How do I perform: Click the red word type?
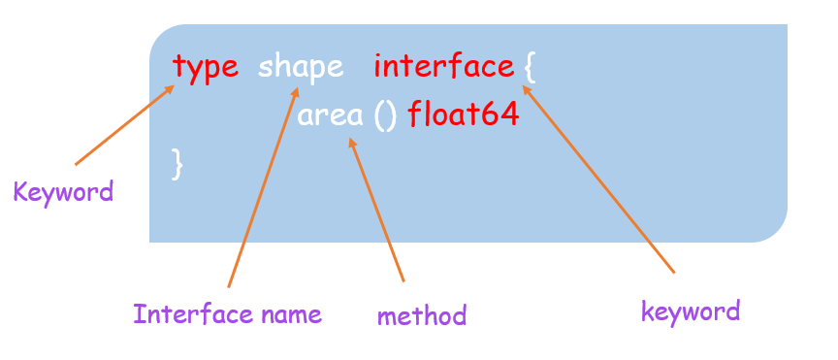click(206, 67)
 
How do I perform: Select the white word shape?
click(301, 67)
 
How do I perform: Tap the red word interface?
click(443, 67)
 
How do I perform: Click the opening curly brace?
click(529, 67)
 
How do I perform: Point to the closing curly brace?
click(177, 162)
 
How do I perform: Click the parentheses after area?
click(385, 115)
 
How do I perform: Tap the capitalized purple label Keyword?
click(63, 191)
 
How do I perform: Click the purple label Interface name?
click(227, 314)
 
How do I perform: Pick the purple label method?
click(422, 315)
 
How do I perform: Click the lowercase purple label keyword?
click(691, 311)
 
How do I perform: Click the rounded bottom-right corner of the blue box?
click(772, 229)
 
